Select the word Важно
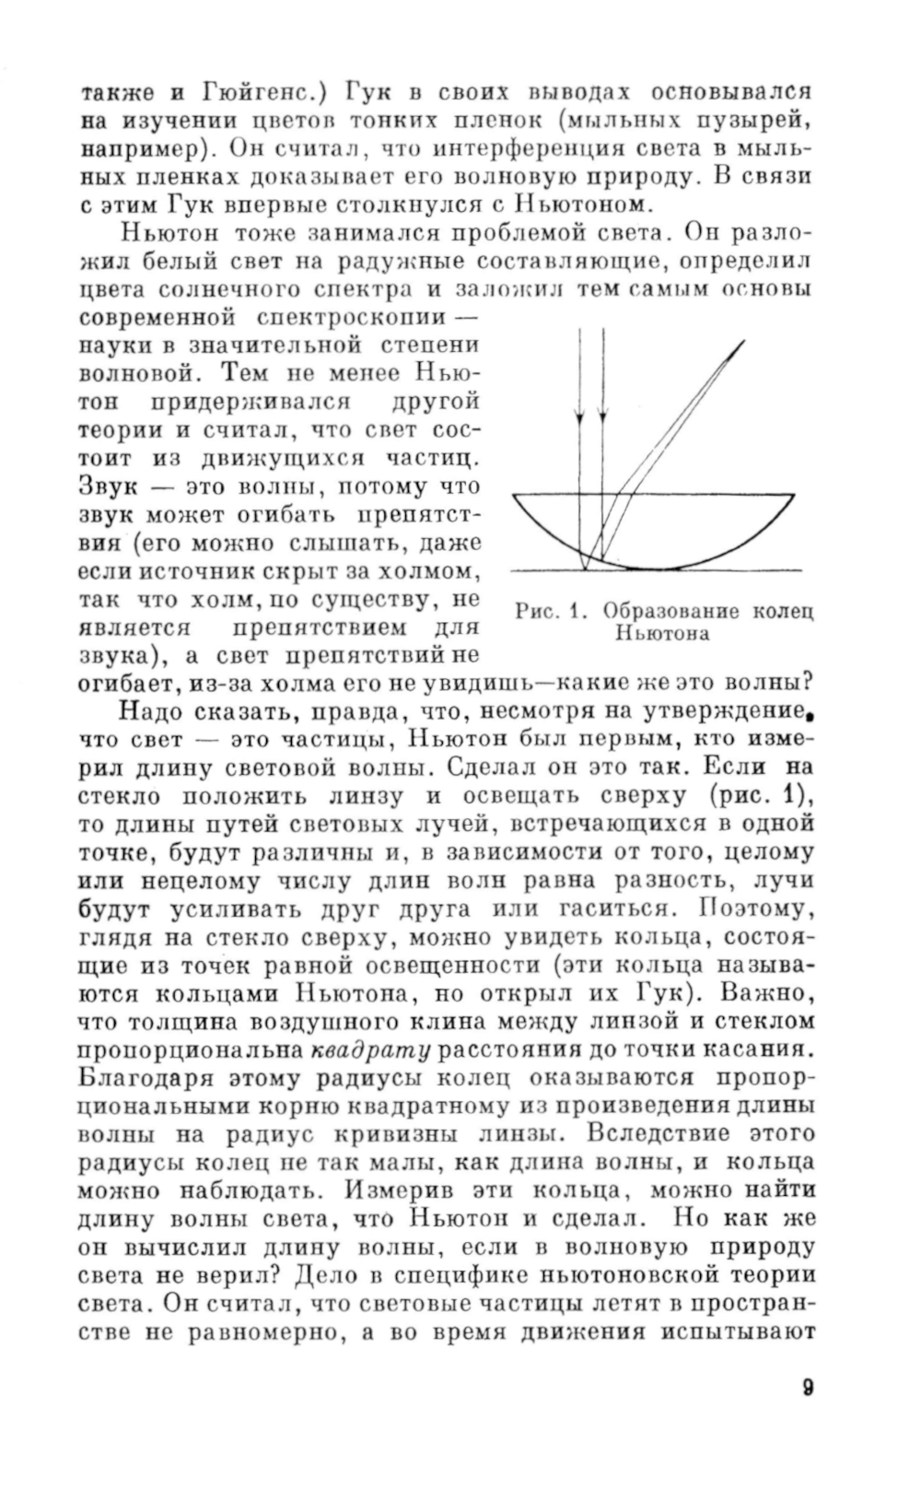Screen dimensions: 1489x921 [x=773, y=995]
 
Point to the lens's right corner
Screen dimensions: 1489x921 [x=793, y=495]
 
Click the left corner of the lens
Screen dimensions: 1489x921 [x=512, y=495]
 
